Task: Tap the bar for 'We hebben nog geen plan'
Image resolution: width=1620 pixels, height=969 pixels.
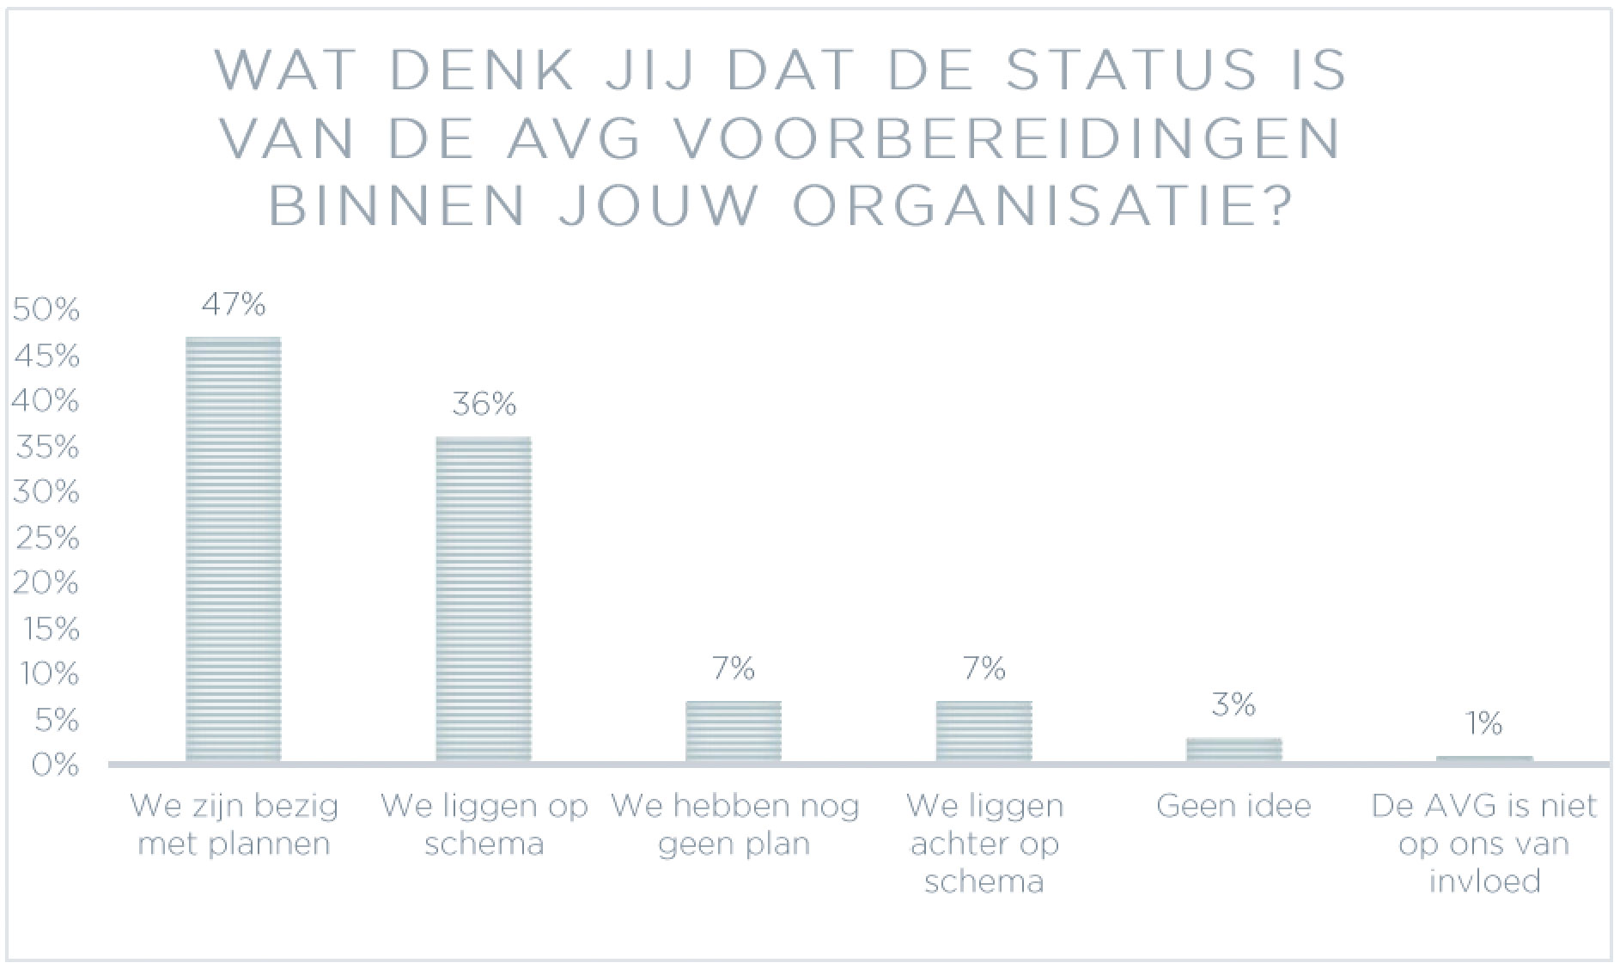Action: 734,730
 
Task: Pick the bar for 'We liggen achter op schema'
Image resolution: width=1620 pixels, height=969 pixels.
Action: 984,730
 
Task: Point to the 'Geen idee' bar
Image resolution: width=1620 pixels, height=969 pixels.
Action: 1233,749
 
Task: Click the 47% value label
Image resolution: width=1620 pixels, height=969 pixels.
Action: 234,304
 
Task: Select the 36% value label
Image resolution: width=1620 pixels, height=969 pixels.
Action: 484,404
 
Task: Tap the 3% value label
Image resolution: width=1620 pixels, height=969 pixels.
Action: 1233,704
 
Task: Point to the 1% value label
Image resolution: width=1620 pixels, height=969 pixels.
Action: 1483,724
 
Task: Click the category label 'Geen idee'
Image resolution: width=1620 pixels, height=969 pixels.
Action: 1233,806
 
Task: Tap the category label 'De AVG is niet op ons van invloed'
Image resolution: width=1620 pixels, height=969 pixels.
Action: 1483,843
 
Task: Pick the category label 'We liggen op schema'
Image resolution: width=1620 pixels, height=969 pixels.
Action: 484,825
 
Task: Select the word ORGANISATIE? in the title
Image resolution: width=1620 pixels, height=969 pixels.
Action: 1042,205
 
